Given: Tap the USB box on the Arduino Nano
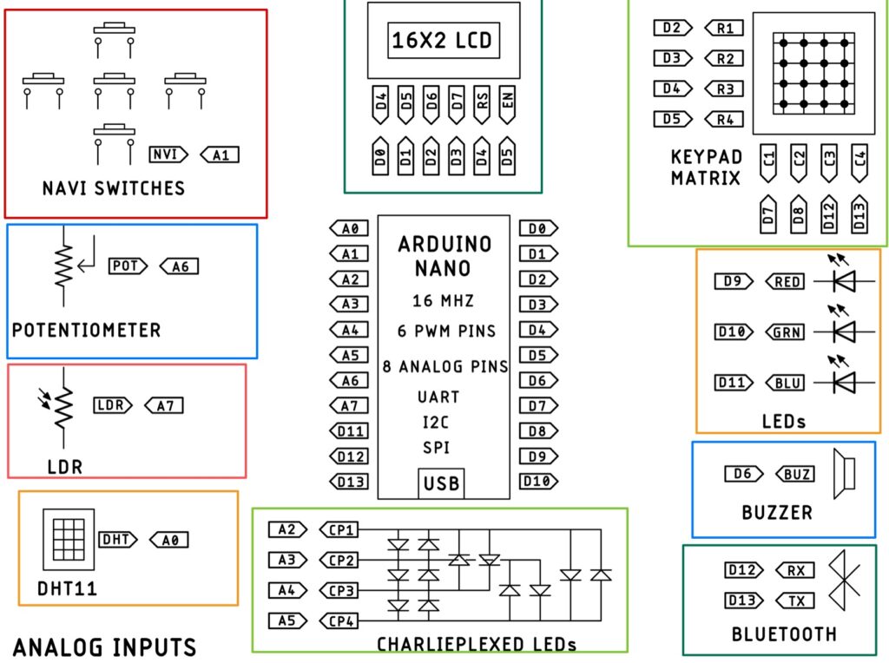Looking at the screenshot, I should [441, 482].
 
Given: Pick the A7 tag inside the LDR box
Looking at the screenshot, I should [164, 404].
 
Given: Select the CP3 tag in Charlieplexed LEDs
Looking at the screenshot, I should [338, 591].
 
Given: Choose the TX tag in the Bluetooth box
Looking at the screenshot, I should [794, 601].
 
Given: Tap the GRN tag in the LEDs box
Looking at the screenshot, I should [785, 331].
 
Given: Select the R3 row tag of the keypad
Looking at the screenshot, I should [723, 89].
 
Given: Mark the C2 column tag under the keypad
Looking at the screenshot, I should [800, 161].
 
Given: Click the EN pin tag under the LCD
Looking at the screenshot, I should [507, 105].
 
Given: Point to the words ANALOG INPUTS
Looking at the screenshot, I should [104, 647].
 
